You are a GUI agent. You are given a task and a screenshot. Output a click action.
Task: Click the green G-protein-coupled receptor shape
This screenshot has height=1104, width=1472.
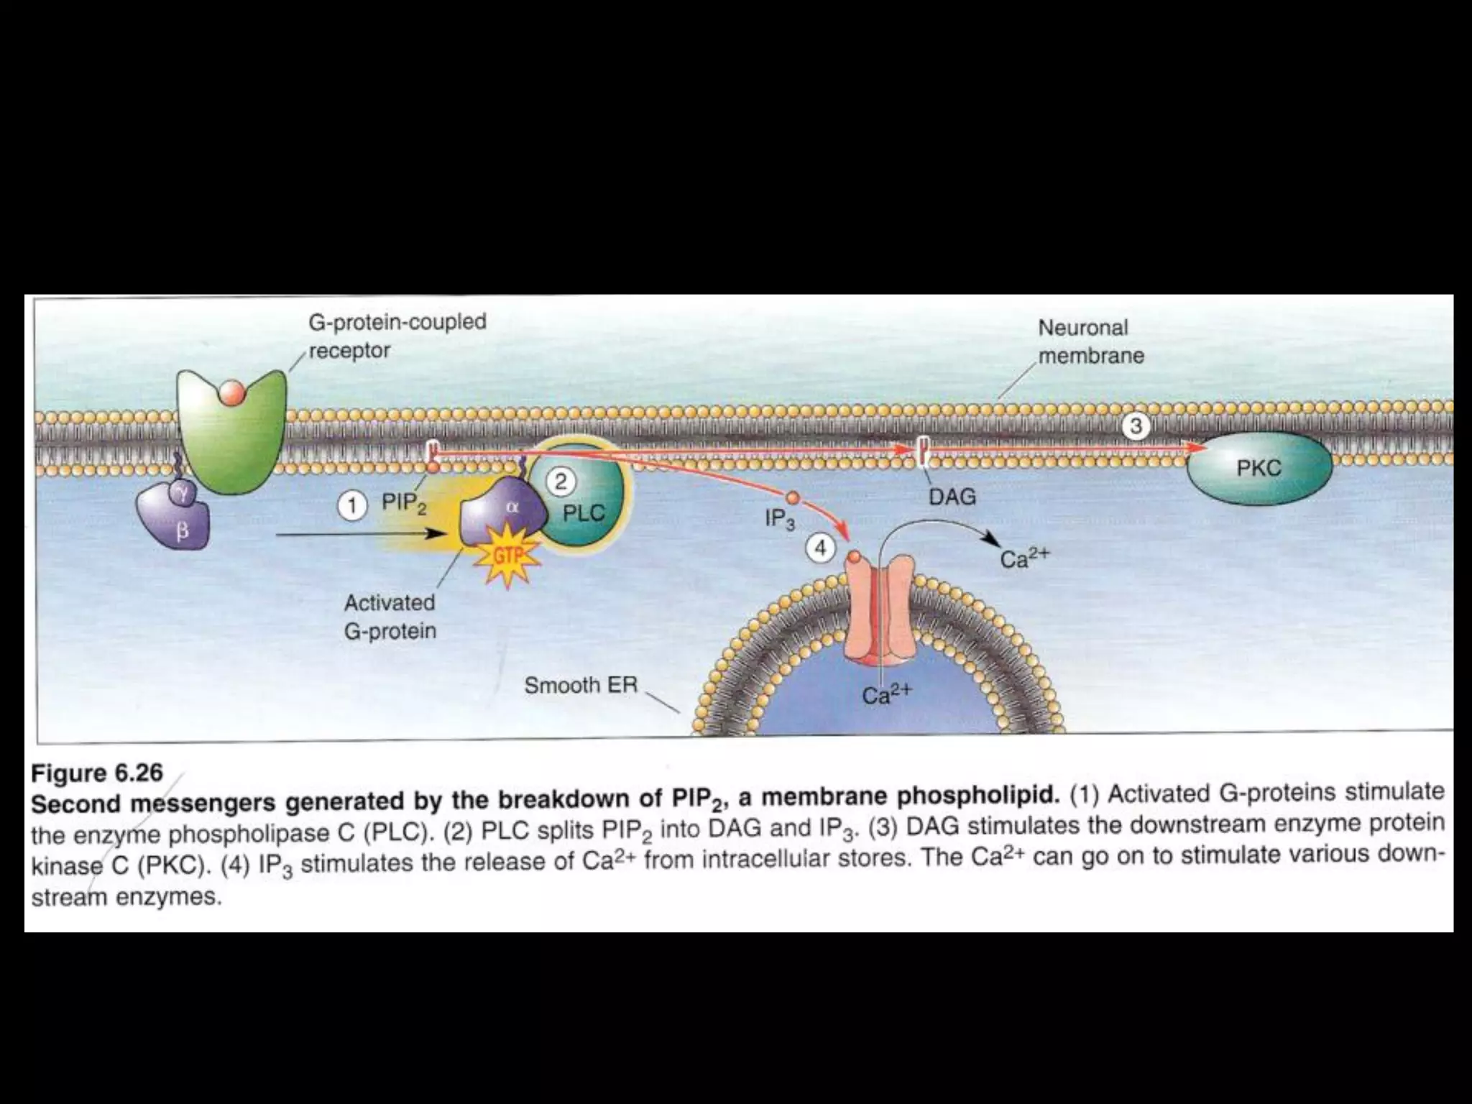[230, 431]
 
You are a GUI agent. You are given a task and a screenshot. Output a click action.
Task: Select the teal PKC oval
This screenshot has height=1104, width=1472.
[1259, 469]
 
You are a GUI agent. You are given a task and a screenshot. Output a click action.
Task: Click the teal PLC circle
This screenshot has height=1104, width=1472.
[584, 503]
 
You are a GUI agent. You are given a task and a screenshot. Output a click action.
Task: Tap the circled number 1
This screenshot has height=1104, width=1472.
[351, 507]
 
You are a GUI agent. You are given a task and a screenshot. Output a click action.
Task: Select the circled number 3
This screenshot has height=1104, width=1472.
[1136, 426]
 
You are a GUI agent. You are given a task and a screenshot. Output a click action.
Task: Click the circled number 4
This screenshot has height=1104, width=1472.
[820, 548]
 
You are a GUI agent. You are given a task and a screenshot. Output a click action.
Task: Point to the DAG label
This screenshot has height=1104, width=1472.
[952, 497]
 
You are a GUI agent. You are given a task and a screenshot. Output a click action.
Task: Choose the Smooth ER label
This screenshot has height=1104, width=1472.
[581, 685]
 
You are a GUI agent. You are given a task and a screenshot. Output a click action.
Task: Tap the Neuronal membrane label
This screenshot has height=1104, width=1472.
[1090, 341]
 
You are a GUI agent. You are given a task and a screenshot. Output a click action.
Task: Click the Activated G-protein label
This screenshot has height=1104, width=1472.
[390, 617]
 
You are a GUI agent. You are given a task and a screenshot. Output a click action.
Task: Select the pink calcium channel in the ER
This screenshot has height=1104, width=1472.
[880, 611]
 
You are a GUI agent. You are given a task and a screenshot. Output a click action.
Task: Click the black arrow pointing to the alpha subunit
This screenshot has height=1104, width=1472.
[359, 534]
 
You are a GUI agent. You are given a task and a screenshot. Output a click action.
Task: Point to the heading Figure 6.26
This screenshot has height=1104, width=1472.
[97, 773]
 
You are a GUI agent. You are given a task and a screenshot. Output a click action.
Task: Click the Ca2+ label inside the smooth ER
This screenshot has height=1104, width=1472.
[885, 694]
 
